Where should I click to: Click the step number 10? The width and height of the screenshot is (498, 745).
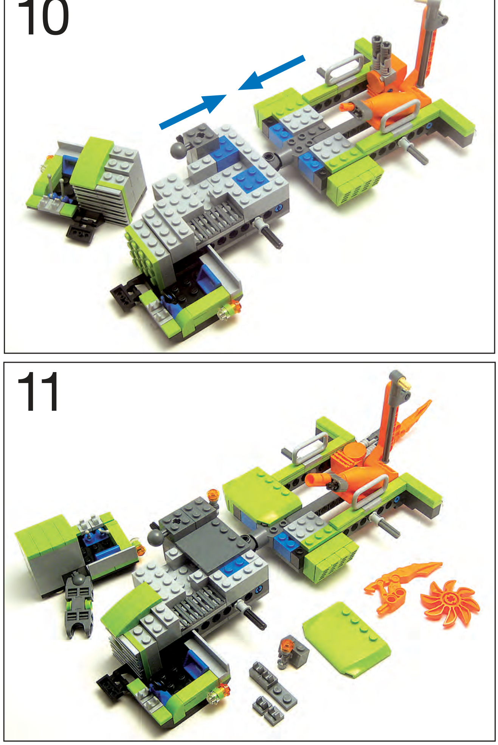[43, 17]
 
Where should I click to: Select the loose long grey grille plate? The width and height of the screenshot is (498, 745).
[273, 683]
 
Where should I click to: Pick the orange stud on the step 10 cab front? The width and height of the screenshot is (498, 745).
[235, 305]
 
